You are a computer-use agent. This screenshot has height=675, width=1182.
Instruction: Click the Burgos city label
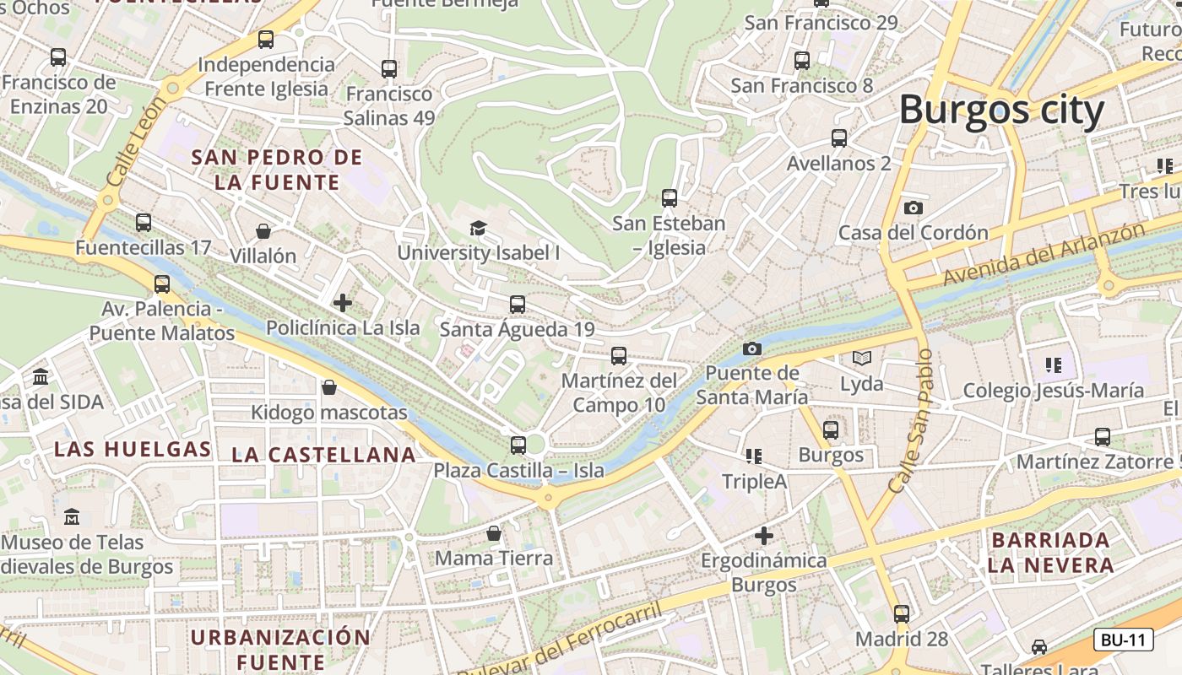pyautogui.click(x=1001, y=111)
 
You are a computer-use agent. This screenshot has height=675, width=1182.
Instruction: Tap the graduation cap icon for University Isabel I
pyautogui.click(x=478, y=228)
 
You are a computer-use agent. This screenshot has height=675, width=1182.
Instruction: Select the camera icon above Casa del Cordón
pyautogui.click(x=913, y=208)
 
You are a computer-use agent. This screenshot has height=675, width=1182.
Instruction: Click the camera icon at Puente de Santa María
pyautogui.click(x=751, y=348)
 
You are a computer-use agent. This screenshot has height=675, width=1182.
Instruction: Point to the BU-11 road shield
pyautogui.click(x=1123, y=640)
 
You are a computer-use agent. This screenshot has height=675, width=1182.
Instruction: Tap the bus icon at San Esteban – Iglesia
pyautogui.click(x=669, y=198)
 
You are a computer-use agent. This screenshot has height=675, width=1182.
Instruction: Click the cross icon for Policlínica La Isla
pyautogui.click(x=343, y=302)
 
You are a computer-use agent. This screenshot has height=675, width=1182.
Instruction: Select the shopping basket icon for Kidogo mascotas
pyautogui.click(x=329, y=387)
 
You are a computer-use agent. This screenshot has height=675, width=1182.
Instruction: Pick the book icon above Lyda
pyautogui.click(x=861, y=359)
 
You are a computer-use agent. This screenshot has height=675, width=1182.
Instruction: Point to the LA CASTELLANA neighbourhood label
pyautogui.click(x=324, y=455)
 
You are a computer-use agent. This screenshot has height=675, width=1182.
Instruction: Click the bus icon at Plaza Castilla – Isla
pyautogui.click(x=518, y=445)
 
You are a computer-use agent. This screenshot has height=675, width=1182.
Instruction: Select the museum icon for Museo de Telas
pyautogui.click(x=72, y=516)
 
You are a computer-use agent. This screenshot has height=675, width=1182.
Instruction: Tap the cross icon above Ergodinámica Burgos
pyautogui.click(x=764, y=535)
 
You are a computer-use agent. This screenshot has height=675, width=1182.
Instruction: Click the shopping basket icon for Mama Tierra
pyautogui.click(x=494, y=533)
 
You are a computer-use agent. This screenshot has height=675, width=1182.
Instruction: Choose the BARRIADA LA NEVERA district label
pyautogui.click(x=1050, y=553)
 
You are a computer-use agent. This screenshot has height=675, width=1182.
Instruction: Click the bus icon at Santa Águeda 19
pyautogui.click(x=517, y=305)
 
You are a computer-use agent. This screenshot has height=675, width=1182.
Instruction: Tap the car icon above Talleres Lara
pyautogui.click(x=1039, y=647)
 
